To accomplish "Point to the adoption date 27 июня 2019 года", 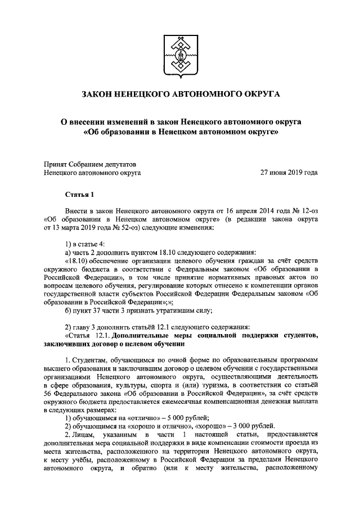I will (288, 173).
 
